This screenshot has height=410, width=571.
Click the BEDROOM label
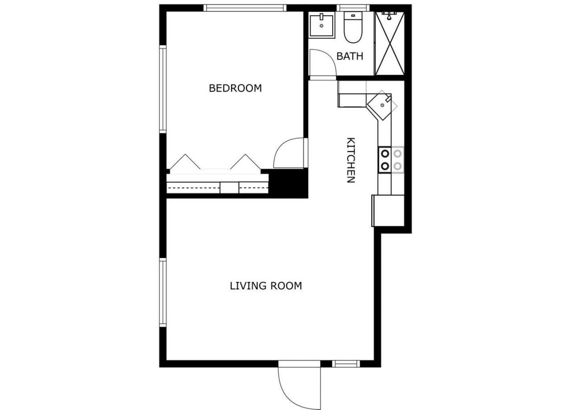235,88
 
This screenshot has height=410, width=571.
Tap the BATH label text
350,57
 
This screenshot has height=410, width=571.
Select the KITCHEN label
351,160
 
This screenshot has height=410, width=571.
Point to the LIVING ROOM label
266,286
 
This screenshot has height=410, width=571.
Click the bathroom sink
321,26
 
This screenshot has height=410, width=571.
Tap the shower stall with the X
390,44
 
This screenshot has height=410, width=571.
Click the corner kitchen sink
381,105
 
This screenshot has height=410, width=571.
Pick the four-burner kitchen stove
391,160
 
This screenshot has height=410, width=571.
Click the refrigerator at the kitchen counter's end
389,211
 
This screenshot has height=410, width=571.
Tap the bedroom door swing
290,154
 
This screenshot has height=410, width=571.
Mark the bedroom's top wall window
244,8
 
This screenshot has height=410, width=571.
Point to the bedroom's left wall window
163,89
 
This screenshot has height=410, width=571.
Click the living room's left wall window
163,293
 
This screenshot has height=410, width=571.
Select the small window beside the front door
346,364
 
